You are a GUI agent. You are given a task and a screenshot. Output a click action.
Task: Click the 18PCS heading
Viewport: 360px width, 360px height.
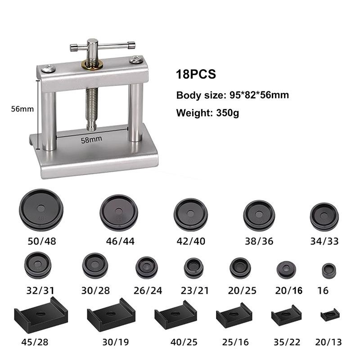[x=196, y=74]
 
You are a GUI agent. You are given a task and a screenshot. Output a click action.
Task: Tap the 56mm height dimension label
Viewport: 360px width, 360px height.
[x=22, y=109]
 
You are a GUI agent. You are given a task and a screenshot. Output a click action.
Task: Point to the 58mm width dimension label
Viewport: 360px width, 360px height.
[x=91, y=139]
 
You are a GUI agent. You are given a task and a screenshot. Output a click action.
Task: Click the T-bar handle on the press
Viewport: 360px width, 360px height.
[x=103, y=46]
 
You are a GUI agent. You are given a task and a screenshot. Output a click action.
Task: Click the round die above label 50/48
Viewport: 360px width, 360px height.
[x=41, y=210]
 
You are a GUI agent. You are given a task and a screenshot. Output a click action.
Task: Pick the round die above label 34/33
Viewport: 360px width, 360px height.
[x=324, y=217]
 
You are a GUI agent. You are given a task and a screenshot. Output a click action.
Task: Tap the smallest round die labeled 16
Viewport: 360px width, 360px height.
[x=329, y=271]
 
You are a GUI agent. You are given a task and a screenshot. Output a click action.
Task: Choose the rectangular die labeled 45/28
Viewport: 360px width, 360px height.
[x=41, y=315]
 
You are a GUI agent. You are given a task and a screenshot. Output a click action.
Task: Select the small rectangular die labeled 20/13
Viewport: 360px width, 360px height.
[x=330, y=315]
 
